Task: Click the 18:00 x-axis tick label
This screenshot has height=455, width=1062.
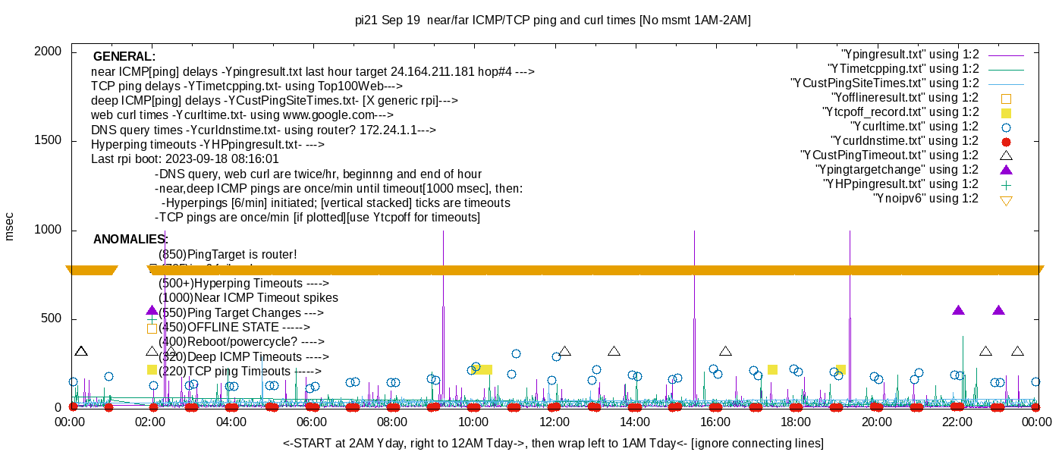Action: (x=796, y=422)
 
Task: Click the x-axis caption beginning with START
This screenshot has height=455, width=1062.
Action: (x=553, y=443)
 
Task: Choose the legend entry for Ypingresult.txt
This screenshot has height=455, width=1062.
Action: (x=910, y=55)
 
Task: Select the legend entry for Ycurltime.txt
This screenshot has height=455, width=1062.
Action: (x=914, y=127)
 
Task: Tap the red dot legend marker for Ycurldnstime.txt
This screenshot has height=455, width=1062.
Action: (x=1007, y=141)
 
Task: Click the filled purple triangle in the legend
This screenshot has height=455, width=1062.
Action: (x=1007, y=169)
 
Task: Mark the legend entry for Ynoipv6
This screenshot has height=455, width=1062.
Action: (x=925, y=199)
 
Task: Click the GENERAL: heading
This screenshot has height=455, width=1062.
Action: (x=124, y=57)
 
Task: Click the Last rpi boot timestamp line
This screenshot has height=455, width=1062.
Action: (x=185, y=159)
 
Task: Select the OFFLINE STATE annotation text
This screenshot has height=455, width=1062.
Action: (x=234, y=328)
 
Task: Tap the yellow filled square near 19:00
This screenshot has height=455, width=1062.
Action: (x=840, y=369)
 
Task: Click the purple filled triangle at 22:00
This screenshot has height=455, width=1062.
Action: (x=958, y=310)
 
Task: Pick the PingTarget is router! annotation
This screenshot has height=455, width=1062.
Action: (x=228, y=255)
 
